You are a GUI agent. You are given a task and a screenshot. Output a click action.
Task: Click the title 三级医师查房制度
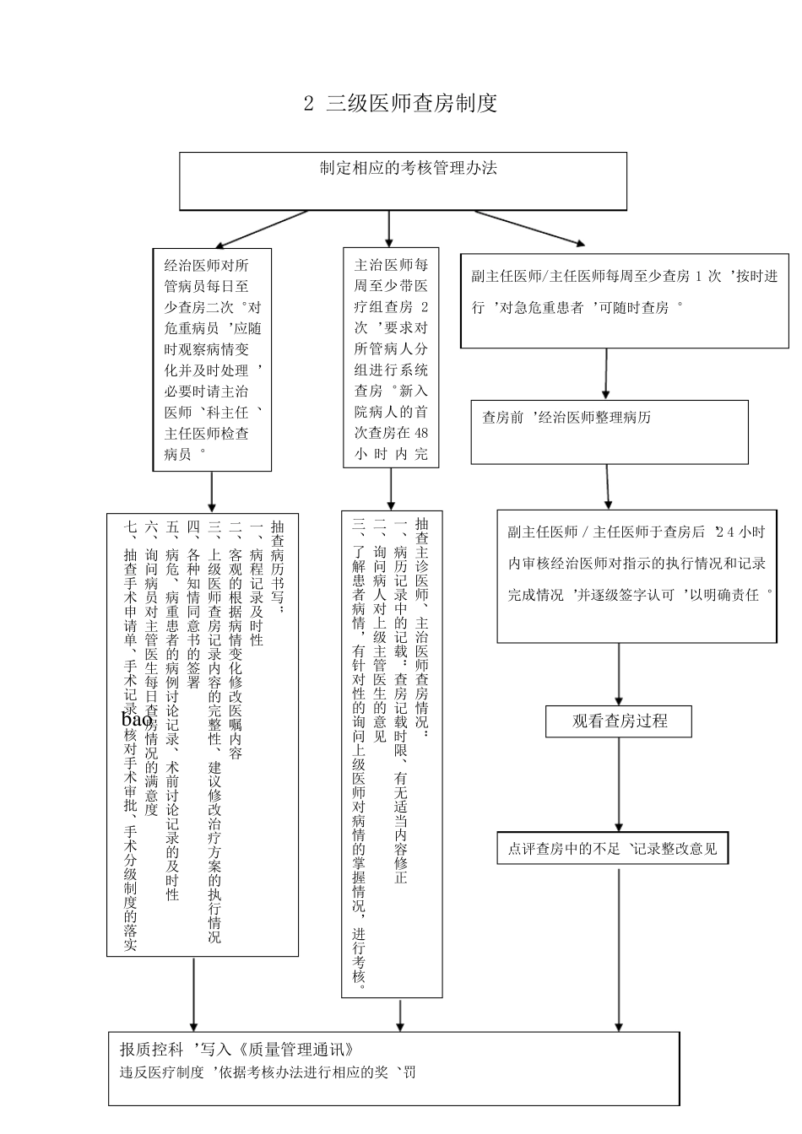(x=411, y=104)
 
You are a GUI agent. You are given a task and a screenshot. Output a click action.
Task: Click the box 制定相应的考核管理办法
(x=403, y=181)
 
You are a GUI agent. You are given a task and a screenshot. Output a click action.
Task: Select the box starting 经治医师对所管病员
(x=212, y=359)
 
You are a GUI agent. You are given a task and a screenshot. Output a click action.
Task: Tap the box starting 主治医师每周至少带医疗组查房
(x=391, y=358)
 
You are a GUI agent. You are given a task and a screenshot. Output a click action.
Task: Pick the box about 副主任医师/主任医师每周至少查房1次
(x=624, y=300)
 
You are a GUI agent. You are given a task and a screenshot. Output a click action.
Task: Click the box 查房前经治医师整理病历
(x=609, y=432)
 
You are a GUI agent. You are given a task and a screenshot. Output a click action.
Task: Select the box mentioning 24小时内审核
(x=636, y=576)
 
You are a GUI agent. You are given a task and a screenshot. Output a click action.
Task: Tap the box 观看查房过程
(x=620, y=721)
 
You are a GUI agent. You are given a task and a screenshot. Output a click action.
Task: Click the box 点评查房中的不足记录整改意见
(x=612, y=849)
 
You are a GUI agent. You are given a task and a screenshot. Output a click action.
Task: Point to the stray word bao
(x=136, y=720)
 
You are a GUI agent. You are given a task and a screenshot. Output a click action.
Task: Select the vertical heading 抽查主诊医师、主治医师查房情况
(x=422, y=624)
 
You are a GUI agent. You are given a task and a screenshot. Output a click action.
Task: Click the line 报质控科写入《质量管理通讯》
(x=236, y=1050)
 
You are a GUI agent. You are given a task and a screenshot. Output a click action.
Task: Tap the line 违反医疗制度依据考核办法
(x=268, y=1072)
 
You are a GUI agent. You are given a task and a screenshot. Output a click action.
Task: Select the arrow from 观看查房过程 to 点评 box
(x=619, y=785)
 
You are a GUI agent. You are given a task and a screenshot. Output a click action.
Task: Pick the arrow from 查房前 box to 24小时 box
(x=608, y=487)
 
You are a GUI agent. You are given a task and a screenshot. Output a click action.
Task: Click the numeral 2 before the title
(x=308, y=104)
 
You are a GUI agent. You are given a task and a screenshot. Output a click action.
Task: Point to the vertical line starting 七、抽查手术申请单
(x=130, y=734)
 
